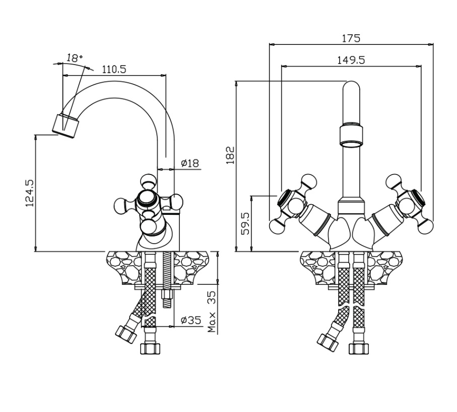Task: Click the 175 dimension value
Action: (x=351, y=38)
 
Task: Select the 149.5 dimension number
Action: (x=351, y=60)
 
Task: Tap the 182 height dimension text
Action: (x=230, y=155)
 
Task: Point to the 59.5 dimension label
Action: (x=246, y=223)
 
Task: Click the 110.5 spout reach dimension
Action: (x=114, y=69)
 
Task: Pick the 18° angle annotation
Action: (x=74, y=58)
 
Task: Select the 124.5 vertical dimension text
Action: (x=30, y=193)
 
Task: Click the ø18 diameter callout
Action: (x=190, y=163)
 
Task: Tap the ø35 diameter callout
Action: (x=191, y=320)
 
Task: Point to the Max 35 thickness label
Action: (x=212, y=312)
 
